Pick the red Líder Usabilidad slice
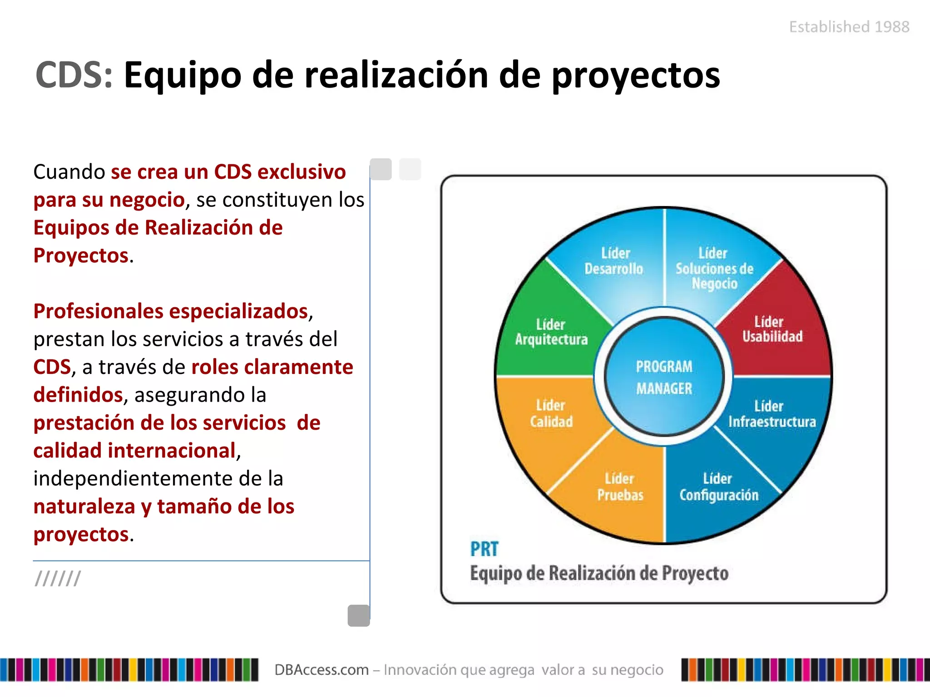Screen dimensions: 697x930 pyautogui.click(x=772, y=330)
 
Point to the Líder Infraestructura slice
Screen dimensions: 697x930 pyautogui.click(x=772, y=414)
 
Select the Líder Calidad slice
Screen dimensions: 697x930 pyautogui.click(x=551, y=414)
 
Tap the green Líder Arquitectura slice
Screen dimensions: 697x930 pyautogui.click(x=551, y=332)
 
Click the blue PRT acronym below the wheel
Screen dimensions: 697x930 pyautogui.click(x=484, y=550)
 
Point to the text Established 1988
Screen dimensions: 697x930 pyautogui.click(x=849, y=27)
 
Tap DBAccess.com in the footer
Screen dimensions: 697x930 pyautogui.click(x=321, y=670)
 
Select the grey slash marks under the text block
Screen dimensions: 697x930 pyautogui.click(x=58, y=579)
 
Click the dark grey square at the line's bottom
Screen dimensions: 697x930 pyautogui.click(x=359, y=616)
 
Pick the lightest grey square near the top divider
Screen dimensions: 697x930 pyautogui.click(x=410, y=169)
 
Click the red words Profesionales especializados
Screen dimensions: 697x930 pyautogui.click(x=171, y=311)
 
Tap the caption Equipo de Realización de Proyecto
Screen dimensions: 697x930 pyautogui.click(x=599, y=574)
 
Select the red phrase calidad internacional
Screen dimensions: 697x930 pyautogui.click(x=134, y=451)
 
